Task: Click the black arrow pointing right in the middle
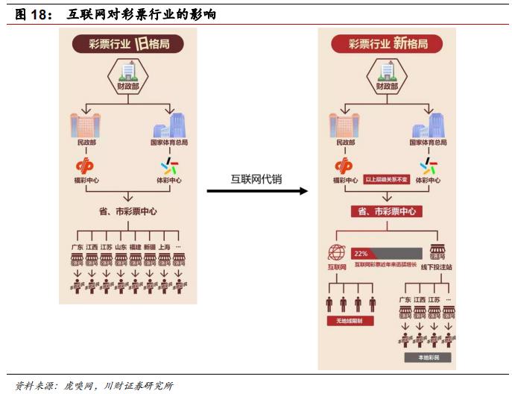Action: tap(256, 192)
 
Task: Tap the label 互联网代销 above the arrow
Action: tap(256, 178)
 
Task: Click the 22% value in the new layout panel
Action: tap(361, 253)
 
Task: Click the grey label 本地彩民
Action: tap(423, 357)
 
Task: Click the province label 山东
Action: tap(121, 247)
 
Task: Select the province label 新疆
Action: tap(150, 247)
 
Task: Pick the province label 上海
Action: tap(165, 247)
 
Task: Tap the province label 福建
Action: tap(135, 247)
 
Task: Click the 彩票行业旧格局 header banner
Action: tap(128, 43)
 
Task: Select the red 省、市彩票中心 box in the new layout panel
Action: tap(387, 212)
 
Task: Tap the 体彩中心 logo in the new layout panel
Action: tap(428, 166)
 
